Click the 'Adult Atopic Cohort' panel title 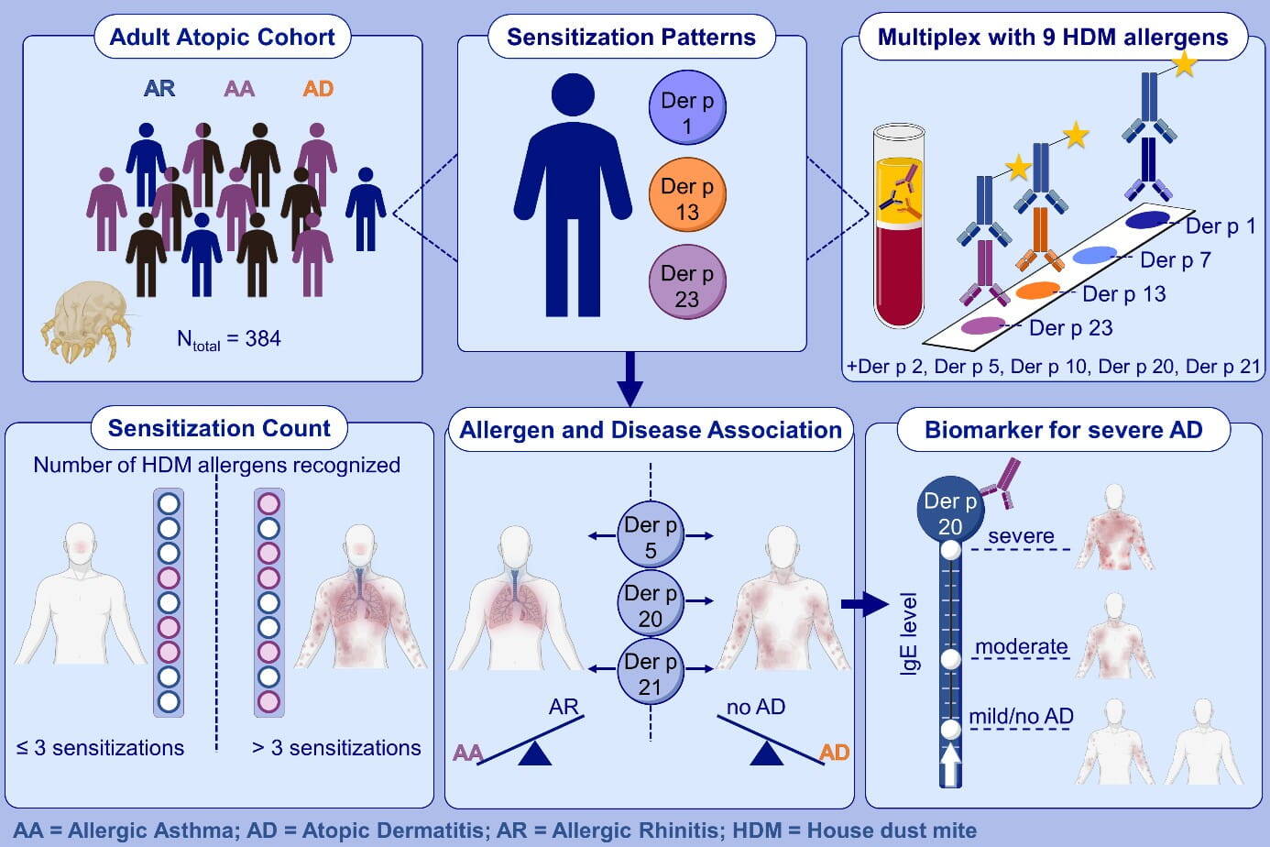point(222,38)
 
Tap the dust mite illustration point(85,321)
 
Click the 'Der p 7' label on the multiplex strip point(1175,260)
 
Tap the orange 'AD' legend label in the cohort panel point(318,89)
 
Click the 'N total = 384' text point(228,339)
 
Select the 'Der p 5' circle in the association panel point(651,536)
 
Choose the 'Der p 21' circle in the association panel point(651,673)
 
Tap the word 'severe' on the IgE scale point(1021,536)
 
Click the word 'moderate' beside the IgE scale point(1021,647)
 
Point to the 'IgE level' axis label point(909,633)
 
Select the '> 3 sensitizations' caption point(336,748)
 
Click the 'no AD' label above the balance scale point(755,707)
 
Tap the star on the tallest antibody point(1184,63)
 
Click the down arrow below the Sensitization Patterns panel point(630,378)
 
